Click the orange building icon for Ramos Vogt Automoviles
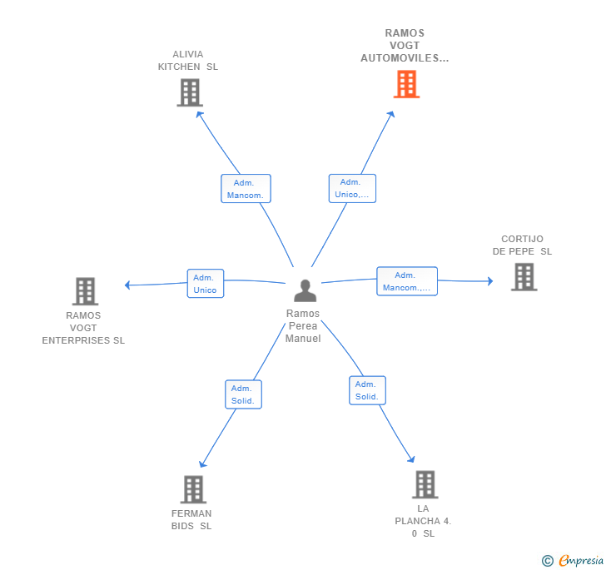click(x=406, y=84)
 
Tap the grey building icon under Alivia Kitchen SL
click(x=190, y=92)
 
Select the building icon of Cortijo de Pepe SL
click(x=524, y=277)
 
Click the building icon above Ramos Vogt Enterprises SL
click(x=85, y=291)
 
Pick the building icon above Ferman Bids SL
click(x=193, y=489)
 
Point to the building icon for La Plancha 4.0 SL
click(x=425, y=484)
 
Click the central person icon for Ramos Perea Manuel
click(x=305, y=290)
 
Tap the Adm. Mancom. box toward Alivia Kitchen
click(x=246, y=189)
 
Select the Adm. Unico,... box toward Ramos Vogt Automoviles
click(x=352, y=188)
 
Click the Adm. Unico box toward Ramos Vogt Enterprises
click(x=206, y=284)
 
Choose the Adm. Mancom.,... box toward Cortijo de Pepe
click(x=407, y=281)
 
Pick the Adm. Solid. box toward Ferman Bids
click(x=243, y=394)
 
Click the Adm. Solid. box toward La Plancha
click(x=367, y=390)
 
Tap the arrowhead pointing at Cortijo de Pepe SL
click(x=490, y=281)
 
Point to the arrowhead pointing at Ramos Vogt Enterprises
click(x=127, y=285)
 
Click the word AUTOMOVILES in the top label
click(x=405, y=58)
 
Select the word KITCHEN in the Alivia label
click(x=179, y=67)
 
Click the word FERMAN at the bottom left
click(x=191, y=513)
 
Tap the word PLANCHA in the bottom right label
click(x=417, y=521)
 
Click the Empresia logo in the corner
click(x=574, y=560)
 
